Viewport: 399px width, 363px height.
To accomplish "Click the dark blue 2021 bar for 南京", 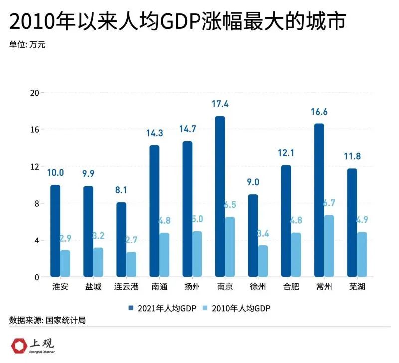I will click(220, 197).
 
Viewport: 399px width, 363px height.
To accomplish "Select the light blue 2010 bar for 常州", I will click(329, 246).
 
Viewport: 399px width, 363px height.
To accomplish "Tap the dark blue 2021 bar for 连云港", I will click(121, 240).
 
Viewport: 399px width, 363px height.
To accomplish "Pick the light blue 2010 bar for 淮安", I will click(65, 263).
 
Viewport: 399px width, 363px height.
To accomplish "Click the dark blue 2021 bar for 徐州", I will click(253, 236).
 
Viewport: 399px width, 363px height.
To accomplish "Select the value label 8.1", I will click(121, 190).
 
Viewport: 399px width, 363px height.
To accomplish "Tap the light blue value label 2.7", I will click(131, 240).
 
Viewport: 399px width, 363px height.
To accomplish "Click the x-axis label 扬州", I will click(187, 287).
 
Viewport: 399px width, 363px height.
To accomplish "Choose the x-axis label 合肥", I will click(286, 287).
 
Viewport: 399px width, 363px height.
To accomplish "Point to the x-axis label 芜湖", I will click(352, 287).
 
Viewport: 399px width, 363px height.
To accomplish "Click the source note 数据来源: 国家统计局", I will click(47, 320).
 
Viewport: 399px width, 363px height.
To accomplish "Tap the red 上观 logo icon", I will click(20, 345).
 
